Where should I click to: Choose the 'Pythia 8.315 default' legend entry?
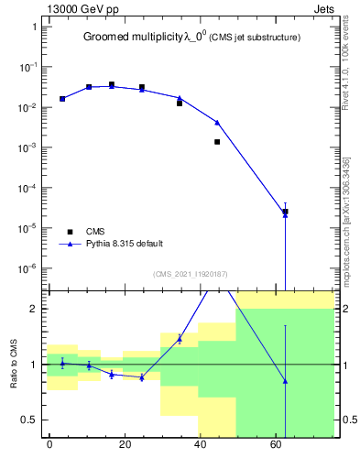pos(125,244)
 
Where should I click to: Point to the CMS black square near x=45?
pos(217,142)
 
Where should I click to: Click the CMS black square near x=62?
pos(285,212)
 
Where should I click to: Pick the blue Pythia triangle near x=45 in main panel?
pos(217,122)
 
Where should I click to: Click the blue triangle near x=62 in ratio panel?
pos(285,381)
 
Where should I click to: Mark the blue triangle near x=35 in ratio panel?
pos(180,339)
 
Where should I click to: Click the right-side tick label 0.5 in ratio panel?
pos(347,420)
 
